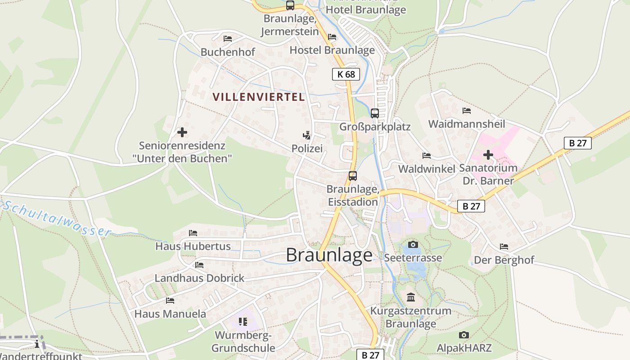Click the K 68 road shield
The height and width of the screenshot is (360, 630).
tap(346, 74)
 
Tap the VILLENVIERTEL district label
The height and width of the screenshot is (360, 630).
tap(258, 97)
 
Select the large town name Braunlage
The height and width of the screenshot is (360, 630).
tap(329, 255)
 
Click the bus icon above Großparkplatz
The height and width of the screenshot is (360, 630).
tap(375, 113)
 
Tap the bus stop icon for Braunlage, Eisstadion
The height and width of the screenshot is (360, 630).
tap(353, 176)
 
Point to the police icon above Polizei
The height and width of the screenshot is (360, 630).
tap(307, 135)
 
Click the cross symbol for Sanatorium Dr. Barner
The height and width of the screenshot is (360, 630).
tap(488, 155)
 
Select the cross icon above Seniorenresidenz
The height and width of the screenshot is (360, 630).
tap(182, 132)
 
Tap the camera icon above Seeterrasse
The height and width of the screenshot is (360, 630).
tap(413, 245)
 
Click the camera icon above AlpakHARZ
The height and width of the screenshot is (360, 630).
tap(464, 335)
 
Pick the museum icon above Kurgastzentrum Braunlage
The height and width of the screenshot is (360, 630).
tap(411, 297)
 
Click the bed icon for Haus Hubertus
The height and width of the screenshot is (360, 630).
tap(193, 233)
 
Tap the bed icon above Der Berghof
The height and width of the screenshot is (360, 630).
tap(504, 247)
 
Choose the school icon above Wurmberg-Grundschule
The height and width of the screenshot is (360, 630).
tap(243, 321)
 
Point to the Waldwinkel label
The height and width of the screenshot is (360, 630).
tap(427, 168)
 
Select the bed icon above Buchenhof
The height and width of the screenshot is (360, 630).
tap(228, 39)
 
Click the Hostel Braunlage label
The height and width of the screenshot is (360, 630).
tap(332, 50)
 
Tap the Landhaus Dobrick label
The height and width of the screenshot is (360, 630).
tap(199, 278)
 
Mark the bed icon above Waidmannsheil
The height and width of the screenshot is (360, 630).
tap(467, 111)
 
